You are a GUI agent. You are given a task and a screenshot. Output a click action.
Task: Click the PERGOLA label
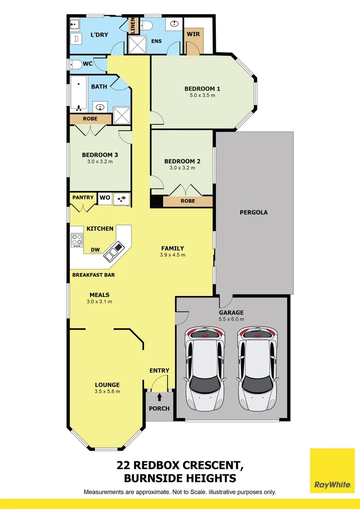254,212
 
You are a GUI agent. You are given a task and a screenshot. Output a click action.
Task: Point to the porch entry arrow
159,397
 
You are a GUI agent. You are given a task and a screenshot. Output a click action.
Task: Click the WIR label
194,34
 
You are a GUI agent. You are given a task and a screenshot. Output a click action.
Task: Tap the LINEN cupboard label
133,26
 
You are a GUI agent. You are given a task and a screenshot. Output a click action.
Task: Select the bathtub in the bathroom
79,92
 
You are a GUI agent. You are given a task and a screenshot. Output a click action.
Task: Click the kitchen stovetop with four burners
77,240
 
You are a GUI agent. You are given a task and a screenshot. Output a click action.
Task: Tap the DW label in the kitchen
95,250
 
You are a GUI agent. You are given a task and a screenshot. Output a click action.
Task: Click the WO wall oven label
105,197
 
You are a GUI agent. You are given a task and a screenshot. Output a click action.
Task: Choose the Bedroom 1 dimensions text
203,95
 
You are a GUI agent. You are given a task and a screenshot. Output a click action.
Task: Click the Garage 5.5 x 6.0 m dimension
231,319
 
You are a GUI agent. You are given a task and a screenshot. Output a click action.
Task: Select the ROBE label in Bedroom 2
188,201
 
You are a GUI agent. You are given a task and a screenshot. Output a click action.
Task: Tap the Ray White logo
332,471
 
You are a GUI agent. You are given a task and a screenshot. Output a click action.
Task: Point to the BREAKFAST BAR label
93,275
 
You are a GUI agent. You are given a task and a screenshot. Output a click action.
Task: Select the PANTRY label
83,197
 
